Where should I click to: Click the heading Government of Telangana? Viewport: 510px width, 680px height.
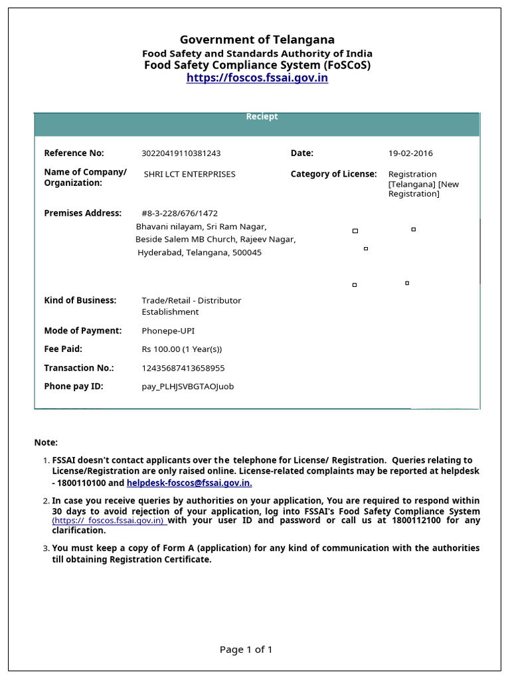coord(257,40)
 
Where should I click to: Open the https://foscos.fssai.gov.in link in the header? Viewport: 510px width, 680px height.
coord(257,78)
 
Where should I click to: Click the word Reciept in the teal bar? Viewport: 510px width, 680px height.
coord(262,117)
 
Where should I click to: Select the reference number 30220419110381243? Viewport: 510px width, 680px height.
coord(181,153)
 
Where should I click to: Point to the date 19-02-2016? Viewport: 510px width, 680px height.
coord(410,153)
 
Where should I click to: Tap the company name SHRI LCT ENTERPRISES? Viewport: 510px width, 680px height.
coord(189,175)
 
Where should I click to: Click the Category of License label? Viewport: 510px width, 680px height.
coord(333,174)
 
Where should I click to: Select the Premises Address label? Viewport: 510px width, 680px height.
coord(83,213)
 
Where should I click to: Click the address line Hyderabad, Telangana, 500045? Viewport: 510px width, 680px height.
coord(199,253)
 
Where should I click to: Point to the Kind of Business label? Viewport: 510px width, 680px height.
coord(80,300)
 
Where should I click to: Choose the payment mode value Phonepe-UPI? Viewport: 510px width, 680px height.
coord(168,331)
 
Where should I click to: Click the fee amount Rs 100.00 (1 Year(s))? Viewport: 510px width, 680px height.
coord(181,349)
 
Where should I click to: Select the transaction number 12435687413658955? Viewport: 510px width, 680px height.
coord(183,368)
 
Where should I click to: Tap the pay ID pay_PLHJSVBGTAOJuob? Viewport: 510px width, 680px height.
coord(187,386)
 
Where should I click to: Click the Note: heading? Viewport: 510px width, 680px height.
coord(46,442)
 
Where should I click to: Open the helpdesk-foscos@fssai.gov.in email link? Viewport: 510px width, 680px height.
coord(189,483)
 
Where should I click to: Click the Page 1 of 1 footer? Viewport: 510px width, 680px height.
coord(246,649)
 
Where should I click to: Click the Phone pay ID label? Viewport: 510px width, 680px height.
coord(74,386)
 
